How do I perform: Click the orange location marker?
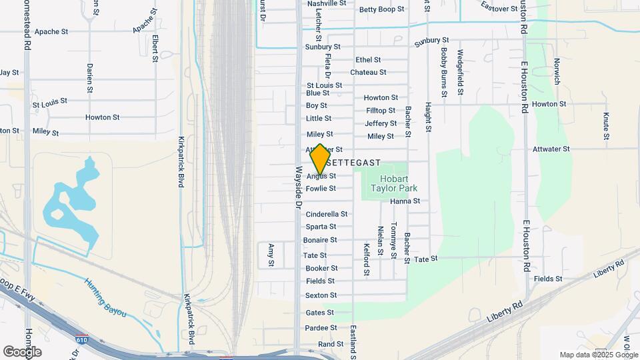click(320, 159)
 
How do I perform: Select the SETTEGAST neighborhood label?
click(354, 162)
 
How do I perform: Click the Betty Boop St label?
click(381, 9)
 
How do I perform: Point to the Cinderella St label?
click(326, 214)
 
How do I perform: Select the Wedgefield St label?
click(460, 71)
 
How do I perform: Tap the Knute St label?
click(606, 126)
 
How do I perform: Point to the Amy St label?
click(271, 255)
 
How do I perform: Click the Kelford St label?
click(366, 259)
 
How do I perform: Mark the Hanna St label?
click(405, 201)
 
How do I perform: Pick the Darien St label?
click(89, 77)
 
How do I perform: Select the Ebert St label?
click(155, 49)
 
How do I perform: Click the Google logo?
click(22, 351)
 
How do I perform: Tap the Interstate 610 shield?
click(81, 339)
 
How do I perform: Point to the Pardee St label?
click(321, 328)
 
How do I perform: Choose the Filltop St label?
click(380, 110)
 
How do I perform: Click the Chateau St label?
click(368, 72)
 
